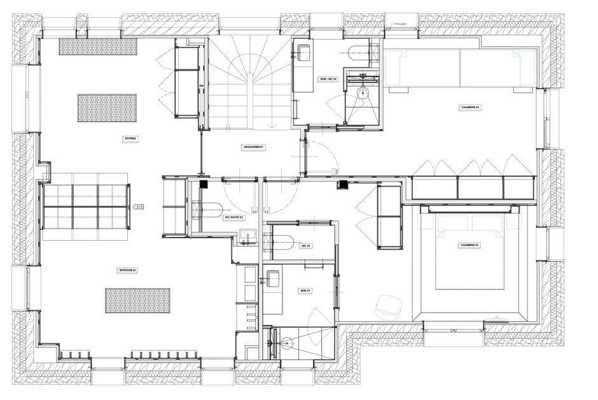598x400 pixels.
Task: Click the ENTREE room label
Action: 130,138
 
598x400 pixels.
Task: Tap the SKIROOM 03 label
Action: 127,270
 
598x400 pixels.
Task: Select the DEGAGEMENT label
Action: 253,146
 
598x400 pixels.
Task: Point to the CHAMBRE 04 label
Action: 470,107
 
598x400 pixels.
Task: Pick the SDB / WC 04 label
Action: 327,79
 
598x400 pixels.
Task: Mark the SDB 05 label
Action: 305,290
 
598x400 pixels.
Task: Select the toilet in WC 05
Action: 280,241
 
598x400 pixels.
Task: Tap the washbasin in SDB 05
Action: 272,278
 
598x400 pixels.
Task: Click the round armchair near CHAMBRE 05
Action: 387,307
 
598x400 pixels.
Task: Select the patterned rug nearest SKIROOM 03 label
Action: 137,300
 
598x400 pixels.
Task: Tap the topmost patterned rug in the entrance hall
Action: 97,46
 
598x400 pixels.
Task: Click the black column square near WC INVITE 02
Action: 204,185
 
